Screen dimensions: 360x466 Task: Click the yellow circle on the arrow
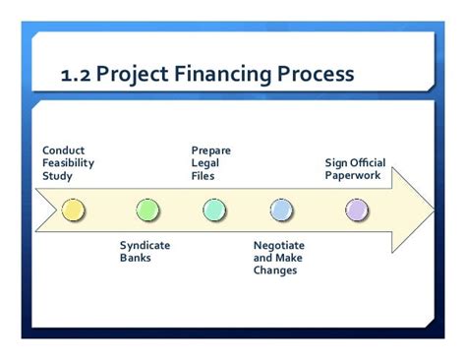click(73, 210)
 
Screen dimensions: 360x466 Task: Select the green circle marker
click(147, 210)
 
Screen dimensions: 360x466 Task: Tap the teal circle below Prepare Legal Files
click(214, 210)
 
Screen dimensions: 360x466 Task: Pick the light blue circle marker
click(281, 210)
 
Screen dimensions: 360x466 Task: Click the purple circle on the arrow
click(356, 210)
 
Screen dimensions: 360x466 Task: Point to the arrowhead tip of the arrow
click(433, 210)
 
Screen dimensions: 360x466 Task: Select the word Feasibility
click(68, 163)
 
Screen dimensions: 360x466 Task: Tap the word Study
click(57, 176)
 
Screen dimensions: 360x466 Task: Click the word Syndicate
click(146, 245)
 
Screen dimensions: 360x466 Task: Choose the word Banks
click(136, 258)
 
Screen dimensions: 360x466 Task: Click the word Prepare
click(211, 150)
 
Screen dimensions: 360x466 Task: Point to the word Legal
click(204, 163)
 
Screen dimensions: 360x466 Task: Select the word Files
click(204, 176)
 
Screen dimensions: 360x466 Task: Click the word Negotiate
click(279, 245)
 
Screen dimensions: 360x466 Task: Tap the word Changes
click(275, 270)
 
